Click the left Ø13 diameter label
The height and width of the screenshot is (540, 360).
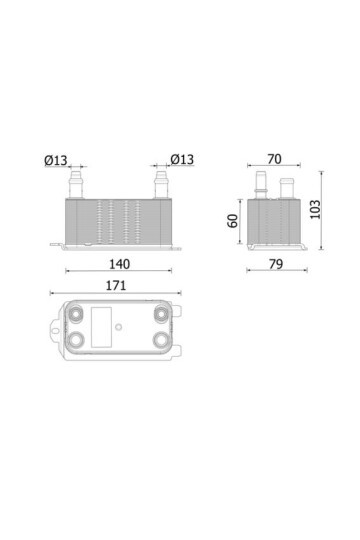(x=56, y=160)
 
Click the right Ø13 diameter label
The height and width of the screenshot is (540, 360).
(x=182, y=159)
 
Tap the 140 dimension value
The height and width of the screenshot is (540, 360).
(x=120, y=264)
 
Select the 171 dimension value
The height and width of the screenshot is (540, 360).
(x=116, y=286)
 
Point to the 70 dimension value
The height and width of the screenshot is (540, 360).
(x=274, y=159)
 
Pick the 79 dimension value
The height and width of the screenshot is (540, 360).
(x=276, y=264)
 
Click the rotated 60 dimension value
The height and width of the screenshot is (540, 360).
(x=233, y=221)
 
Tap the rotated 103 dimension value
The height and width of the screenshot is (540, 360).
(x=315, y=209)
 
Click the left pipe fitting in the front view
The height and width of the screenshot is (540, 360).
(x=76, y=185)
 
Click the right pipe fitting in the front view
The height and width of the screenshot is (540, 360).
(x=161, y=185)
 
